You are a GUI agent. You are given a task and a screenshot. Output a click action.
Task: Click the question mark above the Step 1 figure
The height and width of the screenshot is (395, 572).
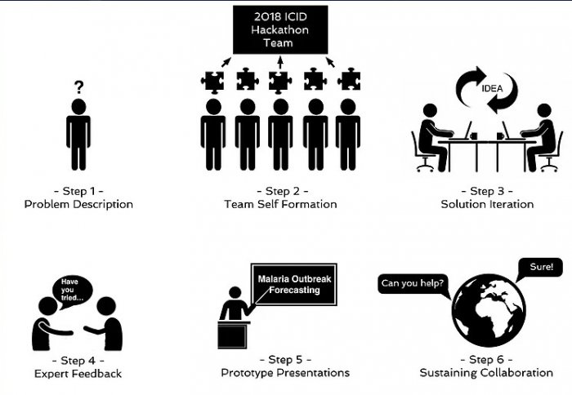click(78, 86)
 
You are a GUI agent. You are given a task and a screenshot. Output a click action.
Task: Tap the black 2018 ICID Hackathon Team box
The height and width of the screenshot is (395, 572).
click(279, 28)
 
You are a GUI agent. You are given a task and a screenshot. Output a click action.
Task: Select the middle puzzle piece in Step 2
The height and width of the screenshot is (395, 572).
click(279, 80)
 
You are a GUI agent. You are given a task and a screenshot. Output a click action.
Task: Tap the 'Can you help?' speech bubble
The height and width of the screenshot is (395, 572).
click(413, 284)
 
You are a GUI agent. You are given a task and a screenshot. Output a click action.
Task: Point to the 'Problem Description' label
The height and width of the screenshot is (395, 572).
click(78, 204)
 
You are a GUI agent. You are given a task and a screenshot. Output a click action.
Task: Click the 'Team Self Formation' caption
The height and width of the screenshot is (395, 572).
click(280, 204)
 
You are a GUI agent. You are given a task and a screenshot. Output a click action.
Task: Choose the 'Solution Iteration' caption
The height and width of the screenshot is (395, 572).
click(487, 204)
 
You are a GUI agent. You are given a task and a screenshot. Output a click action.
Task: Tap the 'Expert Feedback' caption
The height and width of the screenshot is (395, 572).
click(78, 374)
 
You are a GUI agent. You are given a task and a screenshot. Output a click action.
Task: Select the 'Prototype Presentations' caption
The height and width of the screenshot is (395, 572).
click(285, 373)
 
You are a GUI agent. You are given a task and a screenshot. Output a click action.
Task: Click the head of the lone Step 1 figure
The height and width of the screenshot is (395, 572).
click(78, 107)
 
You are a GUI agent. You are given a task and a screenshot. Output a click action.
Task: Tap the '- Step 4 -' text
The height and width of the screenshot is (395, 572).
click(78, 360)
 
